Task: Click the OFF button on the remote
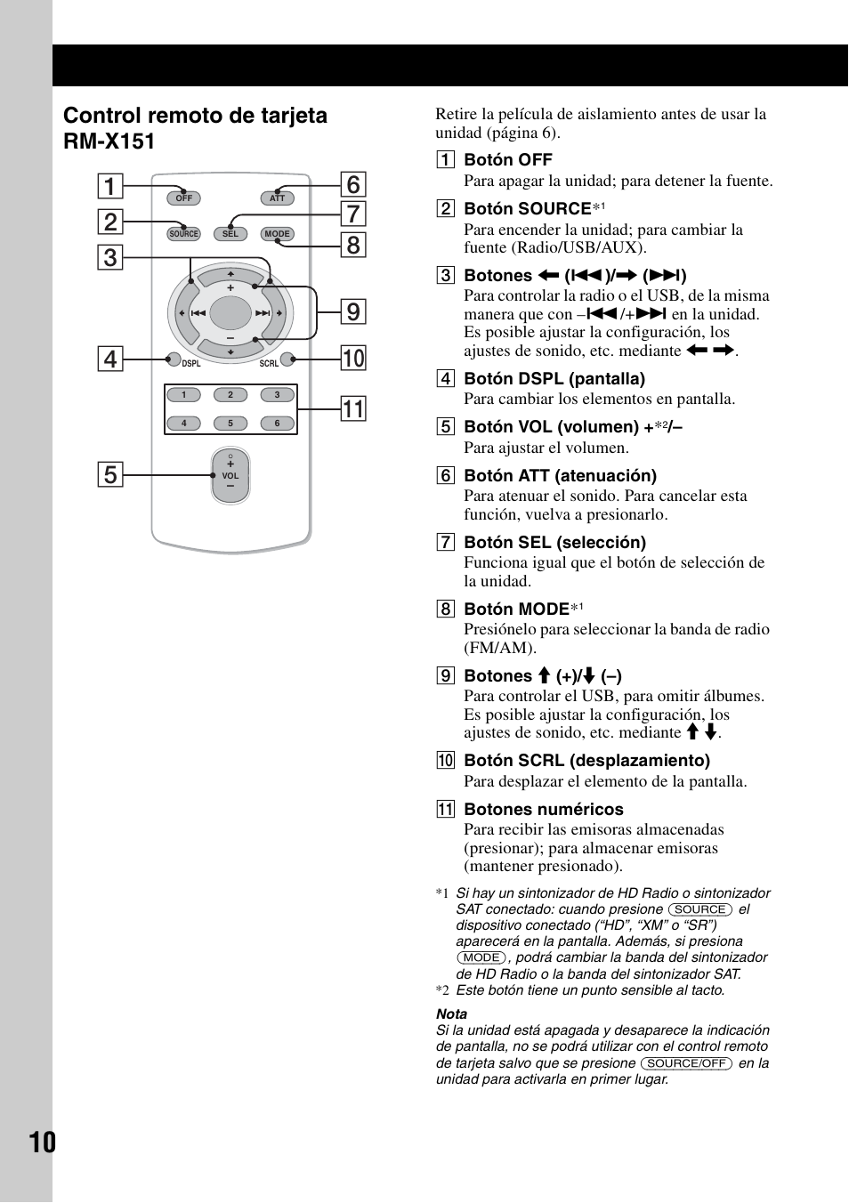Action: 184,198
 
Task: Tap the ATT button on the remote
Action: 277,198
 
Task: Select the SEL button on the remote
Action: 230,234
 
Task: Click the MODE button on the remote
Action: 277,234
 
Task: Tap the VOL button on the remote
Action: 230,476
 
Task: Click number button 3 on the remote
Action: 277,395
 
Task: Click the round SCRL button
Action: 287,359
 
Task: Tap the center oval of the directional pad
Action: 230,313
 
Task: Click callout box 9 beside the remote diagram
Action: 353,311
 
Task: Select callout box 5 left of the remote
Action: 110,474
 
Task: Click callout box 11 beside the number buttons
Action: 353,408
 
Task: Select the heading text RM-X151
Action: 109,141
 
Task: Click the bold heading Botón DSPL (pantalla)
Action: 554,378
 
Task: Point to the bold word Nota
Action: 451,1013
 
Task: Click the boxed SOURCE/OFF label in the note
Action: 686,1063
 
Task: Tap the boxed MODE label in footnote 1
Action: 481,957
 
